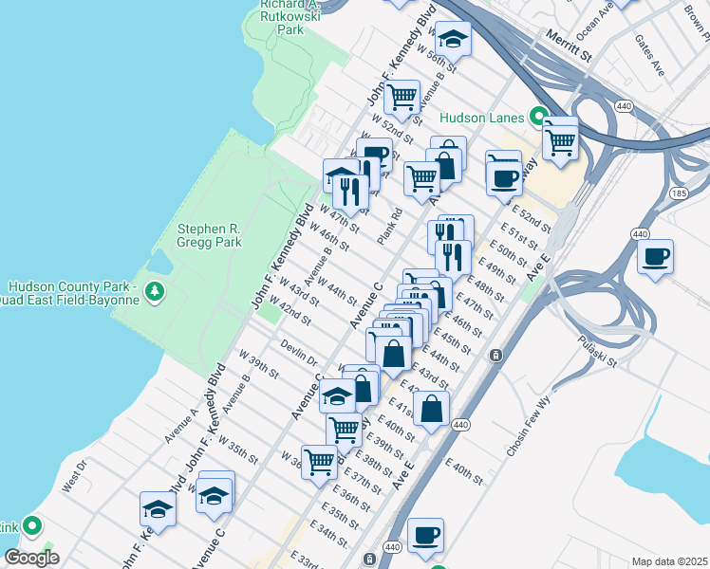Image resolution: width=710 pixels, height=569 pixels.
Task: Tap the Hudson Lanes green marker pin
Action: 538,118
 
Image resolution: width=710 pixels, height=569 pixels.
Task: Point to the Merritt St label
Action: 569,46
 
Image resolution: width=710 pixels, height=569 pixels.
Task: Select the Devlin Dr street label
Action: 299,353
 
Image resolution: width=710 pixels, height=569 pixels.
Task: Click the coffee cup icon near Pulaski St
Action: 655,256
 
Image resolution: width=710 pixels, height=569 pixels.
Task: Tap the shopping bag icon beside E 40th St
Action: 432,409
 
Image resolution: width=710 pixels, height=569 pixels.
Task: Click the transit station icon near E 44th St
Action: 495,356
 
